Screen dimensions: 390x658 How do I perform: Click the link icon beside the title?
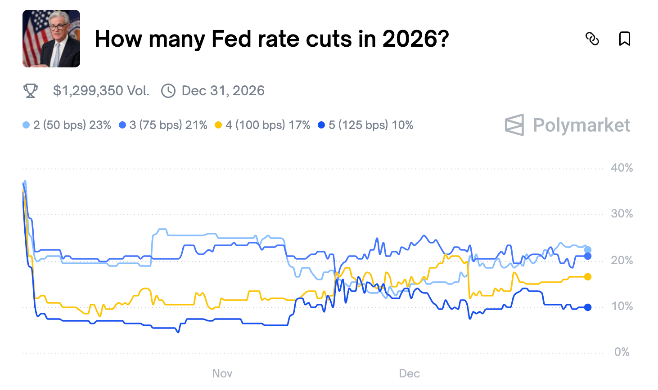(x=592, y=39)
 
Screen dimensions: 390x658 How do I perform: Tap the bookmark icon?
(x=624, y=39)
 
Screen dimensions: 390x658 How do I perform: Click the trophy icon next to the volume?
(x=31, y=91)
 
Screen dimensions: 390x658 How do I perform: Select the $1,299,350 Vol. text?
(x=101, y=91)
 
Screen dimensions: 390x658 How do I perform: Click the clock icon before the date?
(x=168, y=91)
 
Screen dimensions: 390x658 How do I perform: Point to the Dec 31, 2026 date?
(x=223, y=91)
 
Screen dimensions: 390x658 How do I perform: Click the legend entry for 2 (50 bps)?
(x=67, y=125)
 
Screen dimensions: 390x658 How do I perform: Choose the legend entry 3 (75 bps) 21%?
(x=163, y=125)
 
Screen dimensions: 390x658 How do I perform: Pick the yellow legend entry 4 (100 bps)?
(x=263, y=125)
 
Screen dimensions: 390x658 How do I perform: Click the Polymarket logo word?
(x=581, y=125)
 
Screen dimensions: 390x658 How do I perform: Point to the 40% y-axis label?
(x=622, y=168)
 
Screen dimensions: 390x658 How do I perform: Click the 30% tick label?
(x=622, y=214)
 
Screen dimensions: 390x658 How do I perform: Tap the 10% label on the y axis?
(x=622, y=306)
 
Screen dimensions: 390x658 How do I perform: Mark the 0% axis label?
(x=622, y=352)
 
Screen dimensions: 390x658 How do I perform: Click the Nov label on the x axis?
(x=222, y=373)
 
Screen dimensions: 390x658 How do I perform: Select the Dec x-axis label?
(x=409, y=373)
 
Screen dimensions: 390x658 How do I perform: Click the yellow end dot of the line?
(x=587, y=277)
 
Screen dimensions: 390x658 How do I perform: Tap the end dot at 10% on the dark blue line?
(x=587, y=307)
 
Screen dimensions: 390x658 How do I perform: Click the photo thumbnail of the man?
(x=51, y=39)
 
